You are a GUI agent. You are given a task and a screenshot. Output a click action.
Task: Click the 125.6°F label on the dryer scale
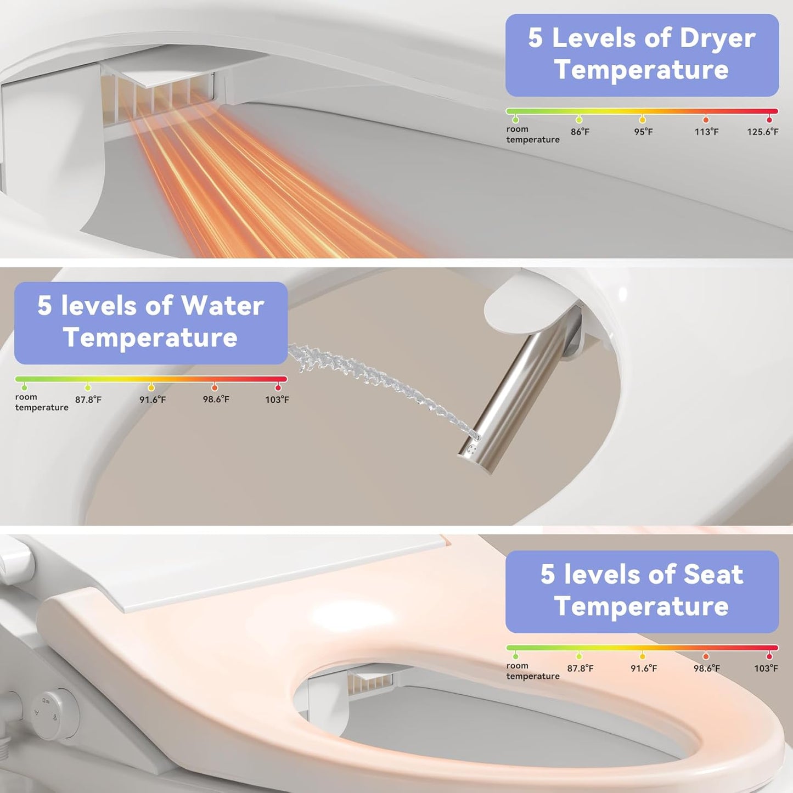762,132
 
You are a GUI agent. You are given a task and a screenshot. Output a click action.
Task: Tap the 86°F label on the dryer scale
580,132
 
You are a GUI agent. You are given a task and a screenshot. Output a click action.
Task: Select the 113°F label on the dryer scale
706,132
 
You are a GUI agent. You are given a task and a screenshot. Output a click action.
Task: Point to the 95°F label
643,132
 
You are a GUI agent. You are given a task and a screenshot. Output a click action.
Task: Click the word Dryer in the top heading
717,38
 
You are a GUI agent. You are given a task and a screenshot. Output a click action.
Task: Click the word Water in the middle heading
222,306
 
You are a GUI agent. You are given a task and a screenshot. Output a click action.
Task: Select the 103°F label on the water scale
277,400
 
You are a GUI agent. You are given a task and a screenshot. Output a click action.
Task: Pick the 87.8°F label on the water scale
88,400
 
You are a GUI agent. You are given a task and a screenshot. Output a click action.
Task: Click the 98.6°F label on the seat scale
706,668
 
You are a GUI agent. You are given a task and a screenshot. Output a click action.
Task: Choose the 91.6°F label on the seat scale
643,668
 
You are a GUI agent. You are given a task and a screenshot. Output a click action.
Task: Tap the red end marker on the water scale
278,387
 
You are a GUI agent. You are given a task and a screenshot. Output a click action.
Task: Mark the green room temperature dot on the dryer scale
515,119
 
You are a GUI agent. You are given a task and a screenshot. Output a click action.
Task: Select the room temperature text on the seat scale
532,671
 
